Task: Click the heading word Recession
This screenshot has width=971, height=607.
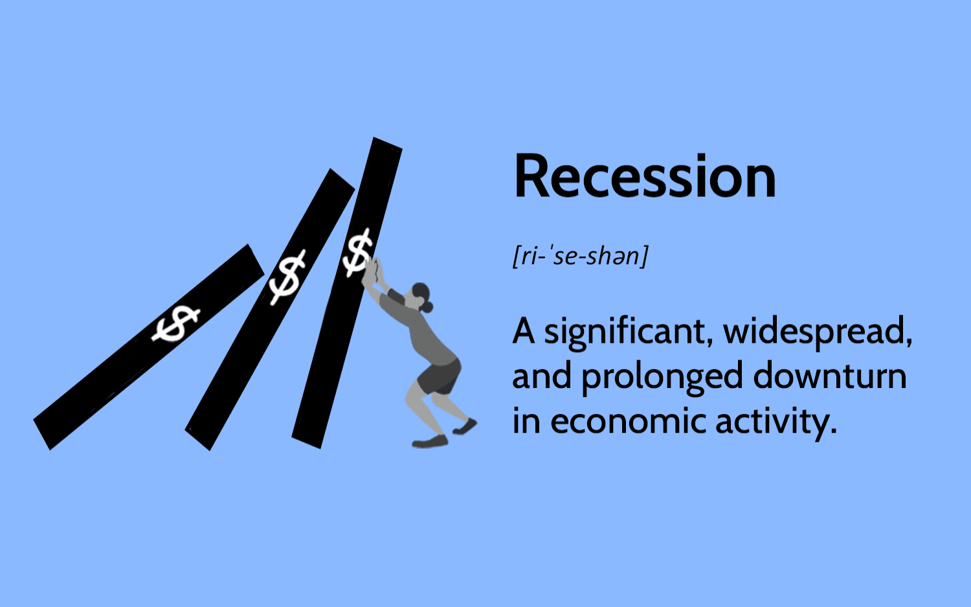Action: pyautogui.click(x=645, y=177)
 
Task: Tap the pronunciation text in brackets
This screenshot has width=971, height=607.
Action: pyautogui.click(x=581, y=256)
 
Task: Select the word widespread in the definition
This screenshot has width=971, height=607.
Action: pyautogui.click(x=818, y=332)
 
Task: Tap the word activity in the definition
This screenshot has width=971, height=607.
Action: pyautogui.click(x=776, y=422)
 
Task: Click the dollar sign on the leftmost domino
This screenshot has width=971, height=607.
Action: pyautogui.click(x=175, y=323)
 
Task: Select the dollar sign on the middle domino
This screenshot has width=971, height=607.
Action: pyautogui.click(x=287, y=278)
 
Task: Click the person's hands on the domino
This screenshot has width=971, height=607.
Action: pyautogui.click(x=373, y=271)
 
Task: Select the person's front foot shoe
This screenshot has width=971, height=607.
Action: pyautogui.click(x=430, y=442)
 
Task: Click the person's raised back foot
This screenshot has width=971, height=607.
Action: pyautogui.click(x=465, y=427)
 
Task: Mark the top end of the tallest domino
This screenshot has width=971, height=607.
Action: pyautogui.click(x=388, y=144)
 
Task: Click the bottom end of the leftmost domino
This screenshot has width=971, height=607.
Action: pyautogui.click(x=42, y=435)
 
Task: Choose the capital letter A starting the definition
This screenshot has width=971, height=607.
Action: pyautogui.click(x=524, y=330)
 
